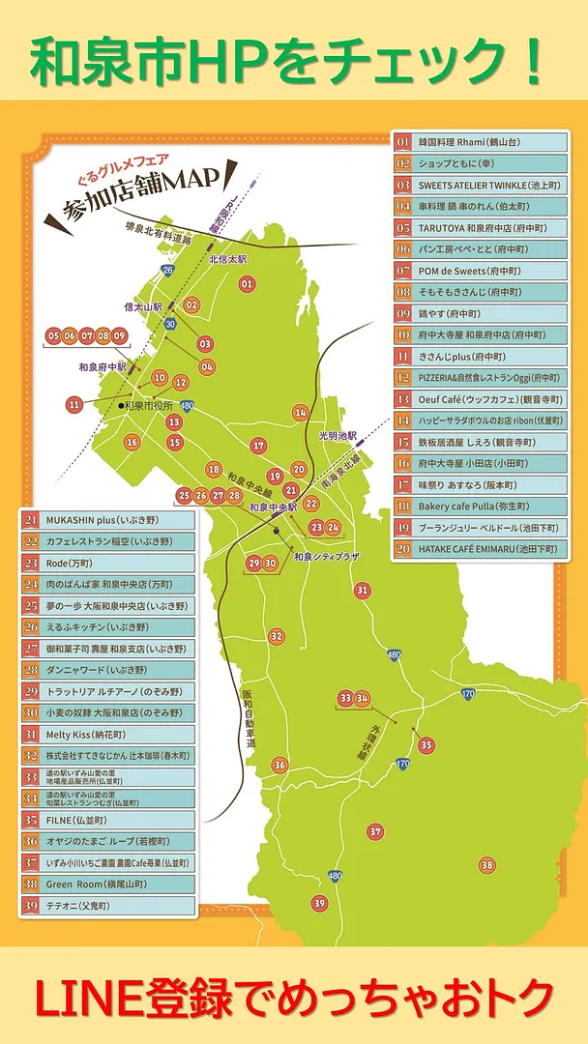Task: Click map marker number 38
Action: point(487,865)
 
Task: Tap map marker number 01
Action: point(247,284)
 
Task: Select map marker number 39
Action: point(319,903)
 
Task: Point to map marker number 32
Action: point(277,636)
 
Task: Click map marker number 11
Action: point(74,404)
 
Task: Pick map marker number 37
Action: point(375,831)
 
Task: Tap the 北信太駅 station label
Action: point(228,259)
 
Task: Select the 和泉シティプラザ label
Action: point(326,557)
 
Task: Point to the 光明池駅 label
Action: point(338,436)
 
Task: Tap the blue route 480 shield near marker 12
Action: point(187,407)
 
